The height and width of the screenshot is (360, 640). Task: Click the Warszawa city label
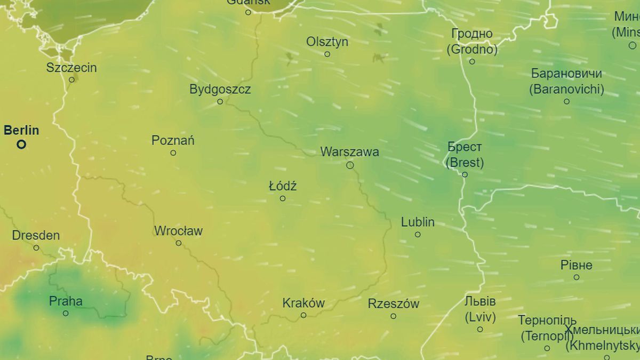[x=349, y=152]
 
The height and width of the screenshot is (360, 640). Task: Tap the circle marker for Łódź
[x=283, y=198]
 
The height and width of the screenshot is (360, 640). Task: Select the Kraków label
[x=303, y=303]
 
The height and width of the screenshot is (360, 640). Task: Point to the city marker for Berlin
[x=21, y=144]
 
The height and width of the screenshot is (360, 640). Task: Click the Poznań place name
[x=173, y=141]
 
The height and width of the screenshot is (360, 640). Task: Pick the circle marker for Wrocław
[x=179, y=243]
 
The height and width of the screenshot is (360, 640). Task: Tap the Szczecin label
[x=71, y=68]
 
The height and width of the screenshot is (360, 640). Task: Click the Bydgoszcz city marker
[x=220, y=101]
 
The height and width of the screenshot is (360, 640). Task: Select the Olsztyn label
[x=327, y=42]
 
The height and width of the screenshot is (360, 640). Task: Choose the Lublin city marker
[x=418, y=234]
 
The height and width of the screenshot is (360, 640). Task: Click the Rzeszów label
[x=394, y=304]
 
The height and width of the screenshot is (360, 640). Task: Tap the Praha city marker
[x=66, y=313]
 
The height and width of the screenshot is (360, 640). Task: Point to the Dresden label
[x=36, y=235]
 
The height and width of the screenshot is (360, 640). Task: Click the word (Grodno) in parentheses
[x=472, y=50]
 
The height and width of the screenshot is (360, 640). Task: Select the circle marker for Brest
[x=465, y=174]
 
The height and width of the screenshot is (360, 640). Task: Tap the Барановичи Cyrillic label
[x=566, y=74]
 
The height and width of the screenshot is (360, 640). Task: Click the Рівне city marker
[x=577, y=277]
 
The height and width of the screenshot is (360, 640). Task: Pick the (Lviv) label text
[x=480, y=317]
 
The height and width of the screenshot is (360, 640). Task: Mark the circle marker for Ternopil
[x=547, y=348]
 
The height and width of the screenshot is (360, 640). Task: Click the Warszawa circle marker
[x=350, y=165]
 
